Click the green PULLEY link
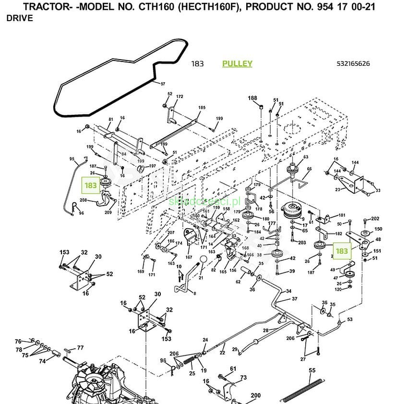pos(237,64)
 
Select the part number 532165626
pos(354,64)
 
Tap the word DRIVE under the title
pos(20,18)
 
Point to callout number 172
pos(180,97)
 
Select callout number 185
pos(202,108)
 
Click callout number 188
pos(252,98)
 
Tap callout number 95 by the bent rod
pos(72,159)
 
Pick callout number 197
pos(152,166)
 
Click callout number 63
pos(306,157)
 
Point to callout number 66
pos(310,169)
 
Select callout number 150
pos(378,229)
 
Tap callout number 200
pos(256,396)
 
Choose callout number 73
pos(243,378)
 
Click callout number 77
pos(80,348)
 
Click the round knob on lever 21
pos(203,259)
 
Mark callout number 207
pos(170,233)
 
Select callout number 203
pos(302,243)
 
